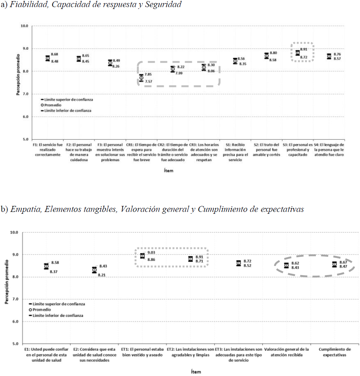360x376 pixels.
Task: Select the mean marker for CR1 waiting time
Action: [x=141, y=78]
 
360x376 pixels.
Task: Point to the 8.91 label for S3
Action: [x=304, y=49]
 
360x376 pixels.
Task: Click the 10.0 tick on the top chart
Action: [x=24, y=26]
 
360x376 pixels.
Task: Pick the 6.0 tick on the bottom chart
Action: [x=15, y=321]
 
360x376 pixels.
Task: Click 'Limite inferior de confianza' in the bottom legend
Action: [x=56, y=315]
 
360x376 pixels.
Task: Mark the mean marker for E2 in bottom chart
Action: [x=95, y=270]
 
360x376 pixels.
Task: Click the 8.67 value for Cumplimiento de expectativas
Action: [x=343, y=262]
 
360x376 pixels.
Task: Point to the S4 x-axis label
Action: [x=329, y=149]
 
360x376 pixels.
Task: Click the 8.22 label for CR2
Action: [x=181, y=67]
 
